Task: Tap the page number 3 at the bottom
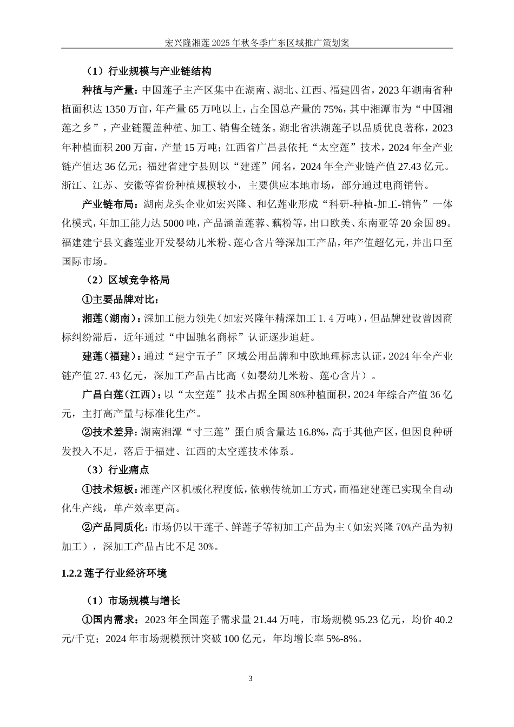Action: (251, 678)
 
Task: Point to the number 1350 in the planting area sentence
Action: (115, 109)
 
